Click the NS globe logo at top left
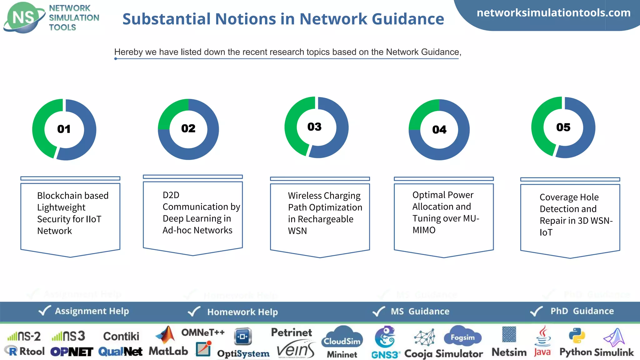pyautogui.click(x=24, y=17)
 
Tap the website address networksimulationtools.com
pyautogui.click(x=553, y=13)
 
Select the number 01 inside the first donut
pyautogui.click(x=64, y=129)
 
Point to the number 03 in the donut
pyautogui.click(x=314, y=127)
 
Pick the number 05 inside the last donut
pyautogui.click(x=563, y=127)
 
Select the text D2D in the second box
pyautogui.click(x=171, y=195)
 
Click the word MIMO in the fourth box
pyautogui.click(x=424, y=230)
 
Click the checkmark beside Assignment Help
pyautogui.click(x=44, y=311)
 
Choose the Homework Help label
pyautogui.click(x=242, y=312)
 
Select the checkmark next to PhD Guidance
pyautogui.click(x=536, y=311)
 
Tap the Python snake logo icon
pyautogui.click(x=577, y=336)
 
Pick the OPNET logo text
pyautogui.click(x=72, y=352)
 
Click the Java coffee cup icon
pyautogui.click(x=543, y=336)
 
